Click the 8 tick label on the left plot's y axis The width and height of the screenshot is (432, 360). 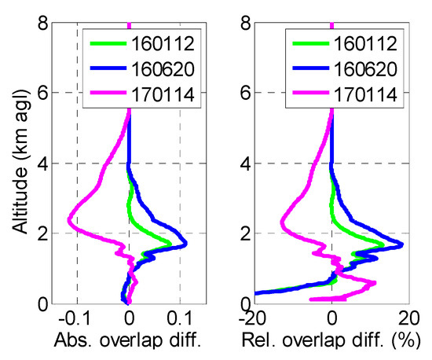coord(38,24)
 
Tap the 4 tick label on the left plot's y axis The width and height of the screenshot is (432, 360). coord(38,163)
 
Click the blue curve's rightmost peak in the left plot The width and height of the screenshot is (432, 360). coord(185,244)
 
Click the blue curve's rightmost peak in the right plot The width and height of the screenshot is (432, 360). coord(402,244)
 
